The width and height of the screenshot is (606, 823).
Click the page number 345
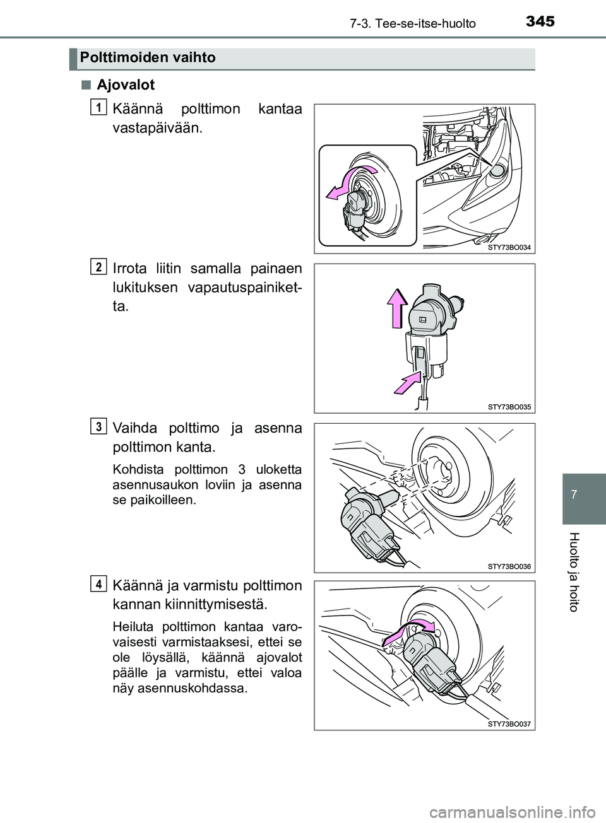pyautogui.click(x=540, y=21)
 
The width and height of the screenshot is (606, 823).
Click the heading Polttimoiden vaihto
pyautogui.click(x=148, y=58)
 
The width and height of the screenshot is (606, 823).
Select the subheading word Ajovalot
pyautogui.click(x=126, y=85)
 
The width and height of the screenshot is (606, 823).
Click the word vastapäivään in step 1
pyautogui.click(x=157, y=129)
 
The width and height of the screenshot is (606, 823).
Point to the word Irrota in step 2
pyautogui.click(x=129, y=269)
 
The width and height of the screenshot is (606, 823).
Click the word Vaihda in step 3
pyautogui.click(x=134, y=428)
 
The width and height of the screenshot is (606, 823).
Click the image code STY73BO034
pyautogui.click(x=509, y=247)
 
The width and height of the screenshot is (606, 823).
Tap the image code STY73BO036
pyautogui.click(x=509, y=566)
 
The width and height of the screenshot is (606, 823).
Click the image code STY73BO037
pyautogui.click(x=509, y=724)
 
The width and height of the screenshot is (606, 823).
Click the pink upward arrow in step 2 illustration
pyautogui.click(x=397, y=307)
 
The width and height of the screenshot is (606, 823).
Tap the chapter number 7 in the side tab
pyautogui.click(x=584, y=493)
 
